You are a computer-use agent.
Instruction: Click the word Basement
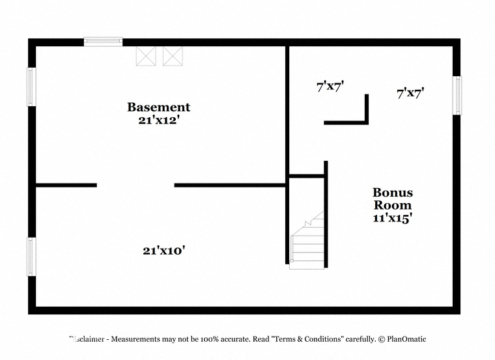click(158, 107)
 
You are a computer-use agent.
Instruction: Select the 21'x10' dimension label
click(163, 251)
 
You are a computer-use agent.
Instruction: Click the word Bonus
click(392, 193)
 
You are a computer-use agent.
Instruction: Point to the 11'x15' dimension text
click(392, 217)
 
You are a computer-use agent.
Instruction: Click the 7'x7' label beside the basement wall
click(330, 86)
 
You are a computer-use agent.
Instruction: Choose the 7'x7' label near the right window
click(410, 93)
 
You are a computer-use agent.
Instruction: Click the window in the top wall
click(103, 42)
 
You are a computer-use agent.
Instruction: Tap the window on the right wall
click(457, 95)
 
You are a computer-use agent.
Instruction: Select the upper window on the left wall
click(31, 87)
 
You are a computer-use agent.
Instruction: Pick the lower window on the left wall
click(31, 256)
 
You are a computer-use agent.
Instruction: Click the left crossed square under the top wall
click(146, 56)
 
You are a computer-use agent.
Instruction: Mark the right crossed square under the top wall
click(173, 56)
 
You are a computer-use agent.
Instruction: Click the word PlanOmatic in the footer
click(406, 339)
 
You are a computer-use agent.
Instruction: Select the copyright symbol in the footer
click(382, 339)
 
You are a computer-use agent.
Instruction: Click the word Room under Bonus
click(392, 205)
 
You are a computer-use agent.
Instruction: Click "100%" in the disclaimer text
click(209, 339)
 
